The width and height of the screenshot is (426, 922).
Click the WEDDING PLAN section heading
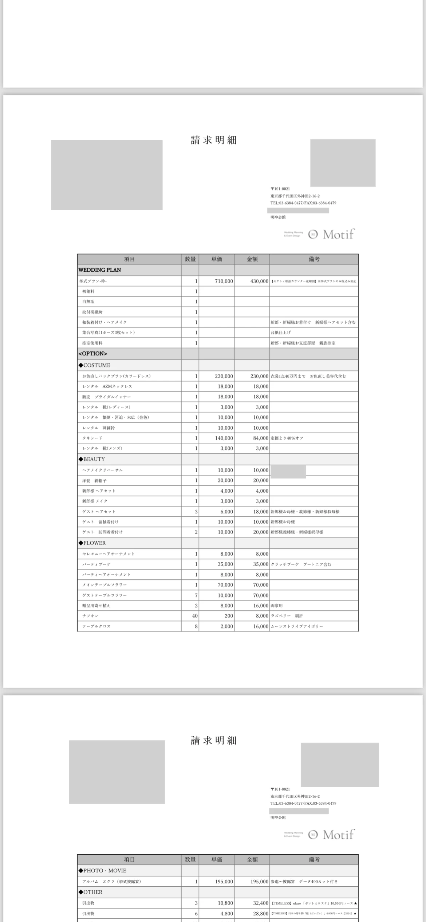pos(100,270)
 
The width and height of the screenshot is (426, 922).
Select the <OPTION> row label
pos(93,354)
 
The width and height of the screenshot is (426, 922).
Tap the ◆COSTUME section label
pos(94,365)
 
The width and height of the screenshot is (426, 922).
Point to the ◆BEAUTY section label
pos(92,459)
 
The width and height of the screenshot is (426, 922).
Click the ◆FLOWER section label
pos(92,543)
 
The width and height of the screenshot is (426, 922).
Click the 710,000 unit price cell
pos(224,281)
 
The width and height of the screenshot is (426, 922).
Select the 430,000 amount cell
pos(259,281)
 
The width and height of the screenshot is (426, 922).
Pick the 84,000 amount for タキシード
pos(261,438)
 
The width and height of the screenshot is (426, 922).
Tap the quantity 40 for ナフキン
pos(195,616)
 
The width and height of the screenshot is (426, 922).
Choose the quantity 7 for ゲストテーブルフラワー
pos(196,595)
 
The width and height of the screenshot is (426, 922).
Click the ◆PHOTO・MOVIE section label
pos(102,871)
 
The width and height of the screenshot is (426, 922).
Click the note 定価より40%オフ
pos(287,438)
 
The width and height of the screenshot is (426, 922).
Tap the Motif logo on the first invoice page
pos(332,234)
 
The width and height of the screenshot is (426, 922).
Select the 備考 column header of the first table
pos(314,259)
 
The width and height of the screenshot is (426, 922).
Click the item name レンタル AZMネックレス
pos(107,386)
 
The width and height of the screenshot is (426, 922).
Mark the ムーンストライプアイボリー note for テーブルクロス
pos(297,626)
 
